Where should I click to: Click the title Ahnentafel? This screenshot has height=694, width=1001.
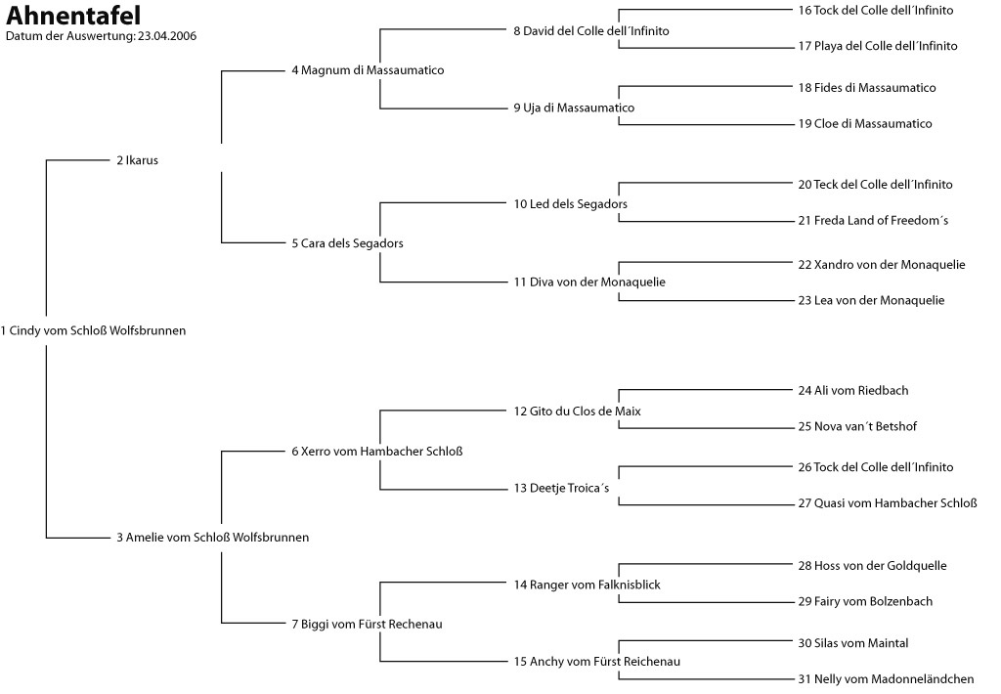[73, 17]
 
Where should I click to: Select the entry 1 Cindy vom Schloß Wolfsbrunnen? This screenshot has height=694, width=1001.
[93, 330]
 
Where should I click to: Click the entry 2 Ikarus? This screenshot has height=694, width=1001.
[137, 160]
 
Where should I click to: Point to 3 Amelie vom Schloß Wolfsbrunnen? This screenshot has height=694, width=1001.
[212, 537]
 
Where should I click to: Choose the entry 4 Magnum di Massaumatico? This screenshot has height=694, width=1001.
[368, 70]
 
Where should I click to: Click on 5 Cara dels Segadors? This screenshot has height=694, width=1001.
[347, 243]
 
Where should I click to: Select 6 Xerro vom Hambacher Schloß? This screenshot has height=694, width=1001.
[376, 451]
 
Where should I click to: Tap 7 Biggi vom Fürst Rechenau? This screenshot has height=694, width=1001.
[367, 624]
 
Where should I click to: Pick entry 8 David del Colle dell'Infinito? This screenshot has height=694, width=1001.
[591, 31]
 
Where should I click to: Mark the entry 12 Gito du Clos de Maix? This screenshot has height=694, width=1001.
[578, 411]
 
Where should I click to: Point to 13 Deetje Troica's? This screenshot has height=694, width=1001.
[561, 488]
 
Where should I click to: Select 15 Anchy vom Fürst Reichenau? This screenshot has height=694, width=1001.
[596, 662]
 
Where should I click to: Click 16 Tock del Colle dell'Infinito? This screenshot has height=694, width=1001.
[876, 10]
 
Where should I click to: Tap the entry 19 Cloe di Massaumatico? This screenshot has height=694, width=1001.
[865, 124]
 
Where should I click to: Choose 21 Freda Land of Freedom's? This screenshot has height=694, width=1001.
[873, 221]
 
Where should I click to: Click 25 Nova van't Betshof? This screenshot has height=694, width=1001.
[857, 426]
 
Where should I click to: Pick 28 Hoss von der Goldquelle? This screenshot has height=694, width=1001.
[872, 566]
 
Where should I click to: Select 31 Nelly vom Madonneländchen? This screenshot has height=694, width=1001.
[886, 679]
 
